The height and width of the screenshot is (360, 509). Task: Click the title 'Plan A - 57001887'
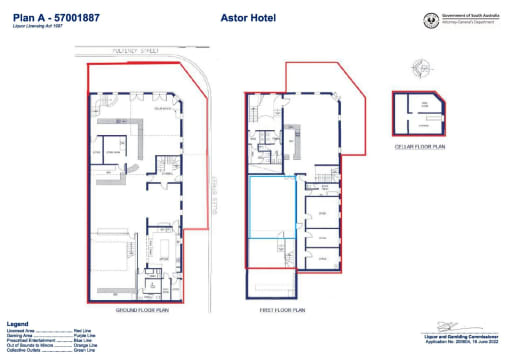48,16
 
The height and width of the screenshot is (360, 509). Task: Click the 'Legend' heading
17,324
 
